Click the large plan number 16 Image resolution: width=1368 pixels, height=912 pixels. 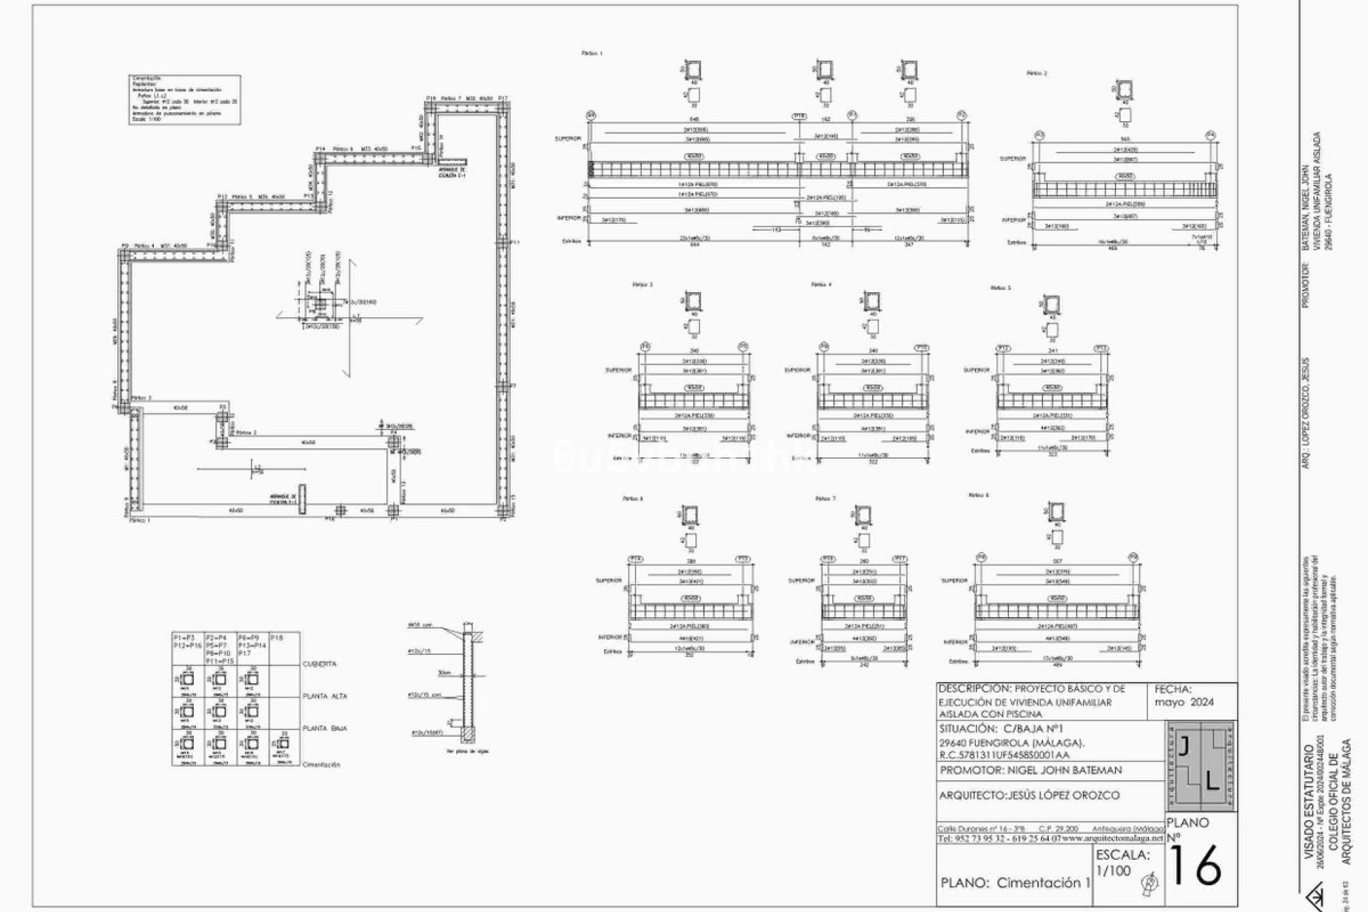point(1196,866)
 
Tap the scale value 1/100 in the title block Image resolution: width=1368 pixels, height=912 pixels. point(1113,871)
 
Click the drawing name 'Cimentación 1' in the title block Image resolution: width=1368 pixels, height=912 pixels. point(1043,883)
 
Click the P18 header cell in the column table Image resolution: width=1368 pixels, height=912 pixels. point(278,638)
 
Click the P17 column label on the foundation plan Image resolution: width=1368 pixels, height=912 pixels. point(503,98)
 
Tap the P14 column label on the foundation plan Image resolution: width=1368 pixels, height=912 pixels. point(320,149)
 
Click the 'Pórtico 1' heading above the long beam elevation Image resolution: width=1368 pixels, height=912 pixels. point(592,53)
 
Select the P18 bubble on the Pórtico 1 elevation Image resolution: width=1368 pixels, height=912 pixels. point(799,115)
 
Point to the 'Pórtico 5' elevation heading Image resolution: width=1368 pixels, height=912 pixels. point(1000,288)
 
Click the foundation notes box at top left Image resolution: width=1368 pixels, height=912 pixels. point(185,99)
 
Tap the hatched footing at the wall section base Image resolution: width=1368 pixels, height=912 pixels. point(467,733)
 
